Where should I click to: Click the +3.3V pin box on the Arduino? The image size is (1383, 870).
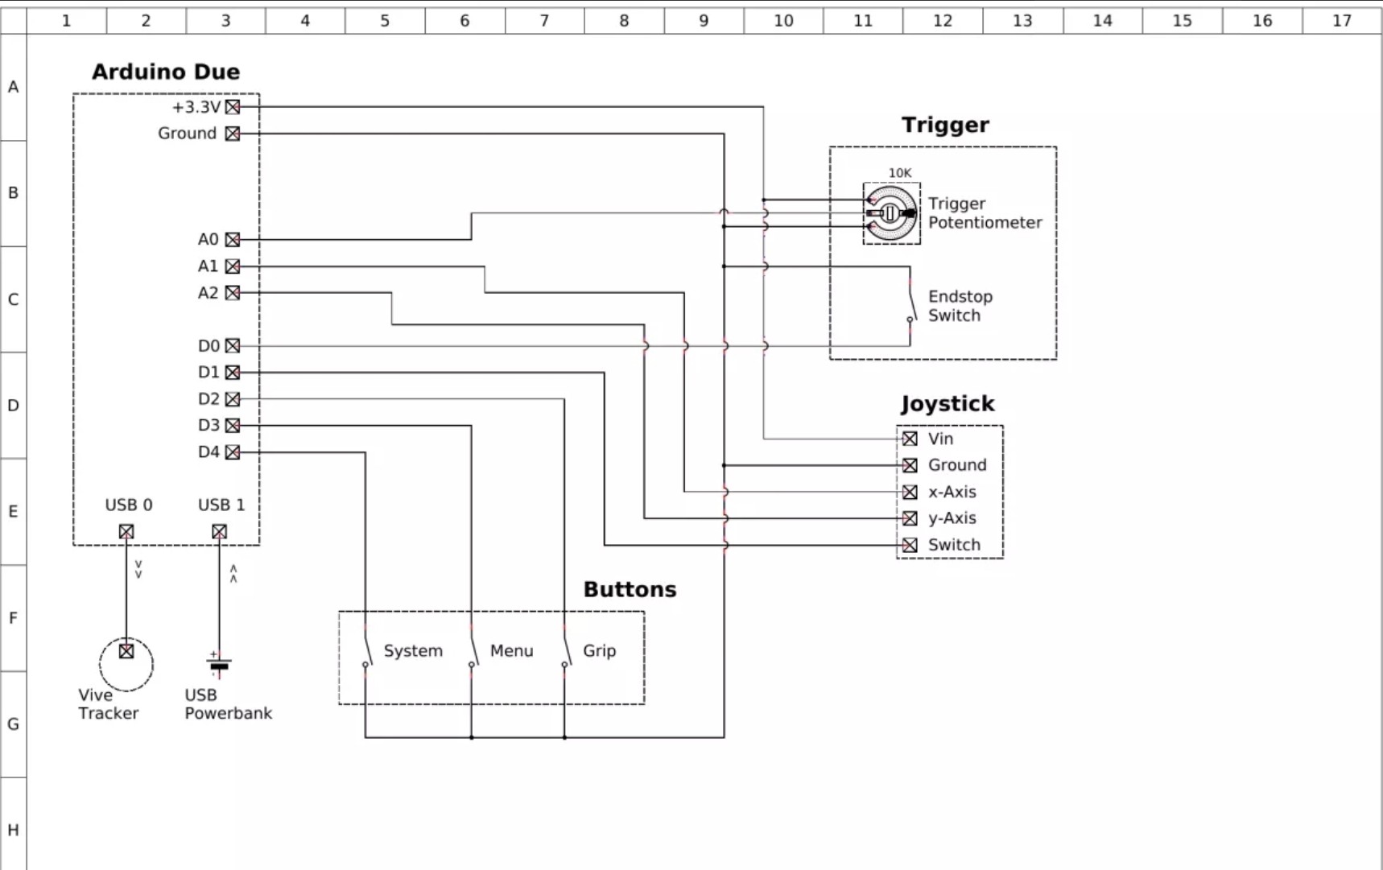click(233, 107)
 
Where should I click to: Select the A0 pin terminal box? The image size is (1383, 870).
click(233, 240)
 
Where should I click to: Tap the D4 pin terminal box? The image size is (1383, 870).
click(233, 452)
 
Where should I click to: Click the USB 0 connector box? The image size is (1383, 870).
click(126, 532)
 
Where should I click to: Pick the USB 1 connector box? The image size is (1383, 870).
click(219, 532)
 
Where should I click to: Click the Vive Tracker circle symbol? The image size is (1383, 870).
click(126, 664)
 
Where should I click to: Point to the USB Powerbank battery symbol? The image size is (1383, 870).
click(219, 665)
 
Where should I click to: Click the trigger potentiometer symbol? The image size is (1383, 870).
click(891, 213)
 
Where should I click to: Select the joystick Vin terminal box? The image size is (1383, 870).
click(910, 439)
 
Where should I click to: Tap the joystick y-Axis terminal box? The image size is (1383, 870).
click(910, 518)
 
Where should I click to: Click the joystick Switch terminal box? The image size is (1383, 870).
click(910, 545)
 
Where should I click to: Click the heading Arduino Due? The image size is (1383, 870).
click(166, 72)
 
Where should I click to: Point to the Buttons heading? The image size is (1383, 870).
click(630, 590)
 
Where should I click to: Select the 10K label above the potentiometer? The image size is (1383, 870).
click(899, 173)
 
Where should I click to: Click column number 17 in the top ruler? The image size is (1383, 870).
click(1341, 21)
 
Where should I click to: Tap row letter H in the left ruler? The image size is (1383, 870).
click(13, 830)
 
